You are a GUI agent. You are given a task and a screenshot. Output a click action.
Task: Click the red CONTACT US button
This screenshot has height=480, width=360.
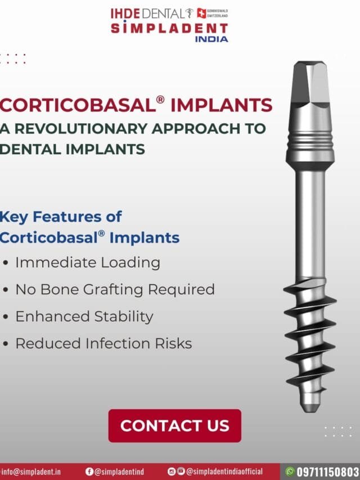coord(174,425)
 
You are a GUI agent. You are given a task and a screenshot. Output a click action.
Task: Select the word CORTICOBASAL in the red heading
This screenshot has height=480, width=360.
coord(77,105)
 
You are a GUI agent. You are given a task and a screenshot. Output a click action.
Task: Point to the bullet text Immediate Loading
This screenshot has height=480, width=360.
coord(87,262)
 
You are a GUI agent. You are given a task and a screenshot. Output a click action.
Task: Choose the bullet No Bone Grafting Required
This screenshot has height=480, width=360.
coord(115,289)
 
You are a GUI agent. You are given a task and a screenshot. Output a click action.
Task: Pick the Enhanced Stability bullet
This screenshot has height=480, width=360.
coord(84,316)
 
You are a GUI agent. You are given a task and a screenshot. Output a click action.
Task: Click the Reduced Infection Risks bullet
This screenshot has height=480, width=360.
coord(103,343)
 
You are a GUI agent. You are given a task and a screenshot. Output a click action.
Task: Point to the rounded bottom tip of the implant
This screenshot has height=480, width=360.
coord(310,406)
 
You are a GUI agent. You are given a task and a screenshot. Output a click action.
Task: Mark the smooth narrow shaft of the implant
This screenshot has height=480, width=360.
coord(311,225)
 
